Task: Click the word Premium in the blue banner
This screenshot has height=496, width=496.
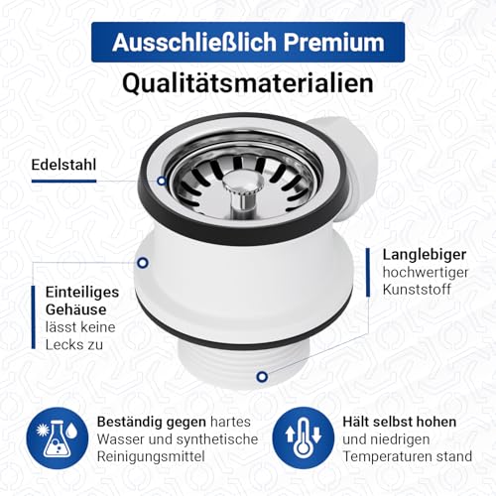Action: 331,44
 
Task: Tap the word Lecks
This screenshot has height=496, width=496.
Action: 62,345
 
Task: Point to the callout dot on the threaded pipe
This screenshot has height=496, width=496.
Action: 262,377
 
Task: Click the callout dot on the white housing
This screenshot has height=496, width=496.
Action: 143,263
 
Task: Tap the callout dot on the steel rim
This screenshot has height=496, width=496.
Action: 162,180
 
